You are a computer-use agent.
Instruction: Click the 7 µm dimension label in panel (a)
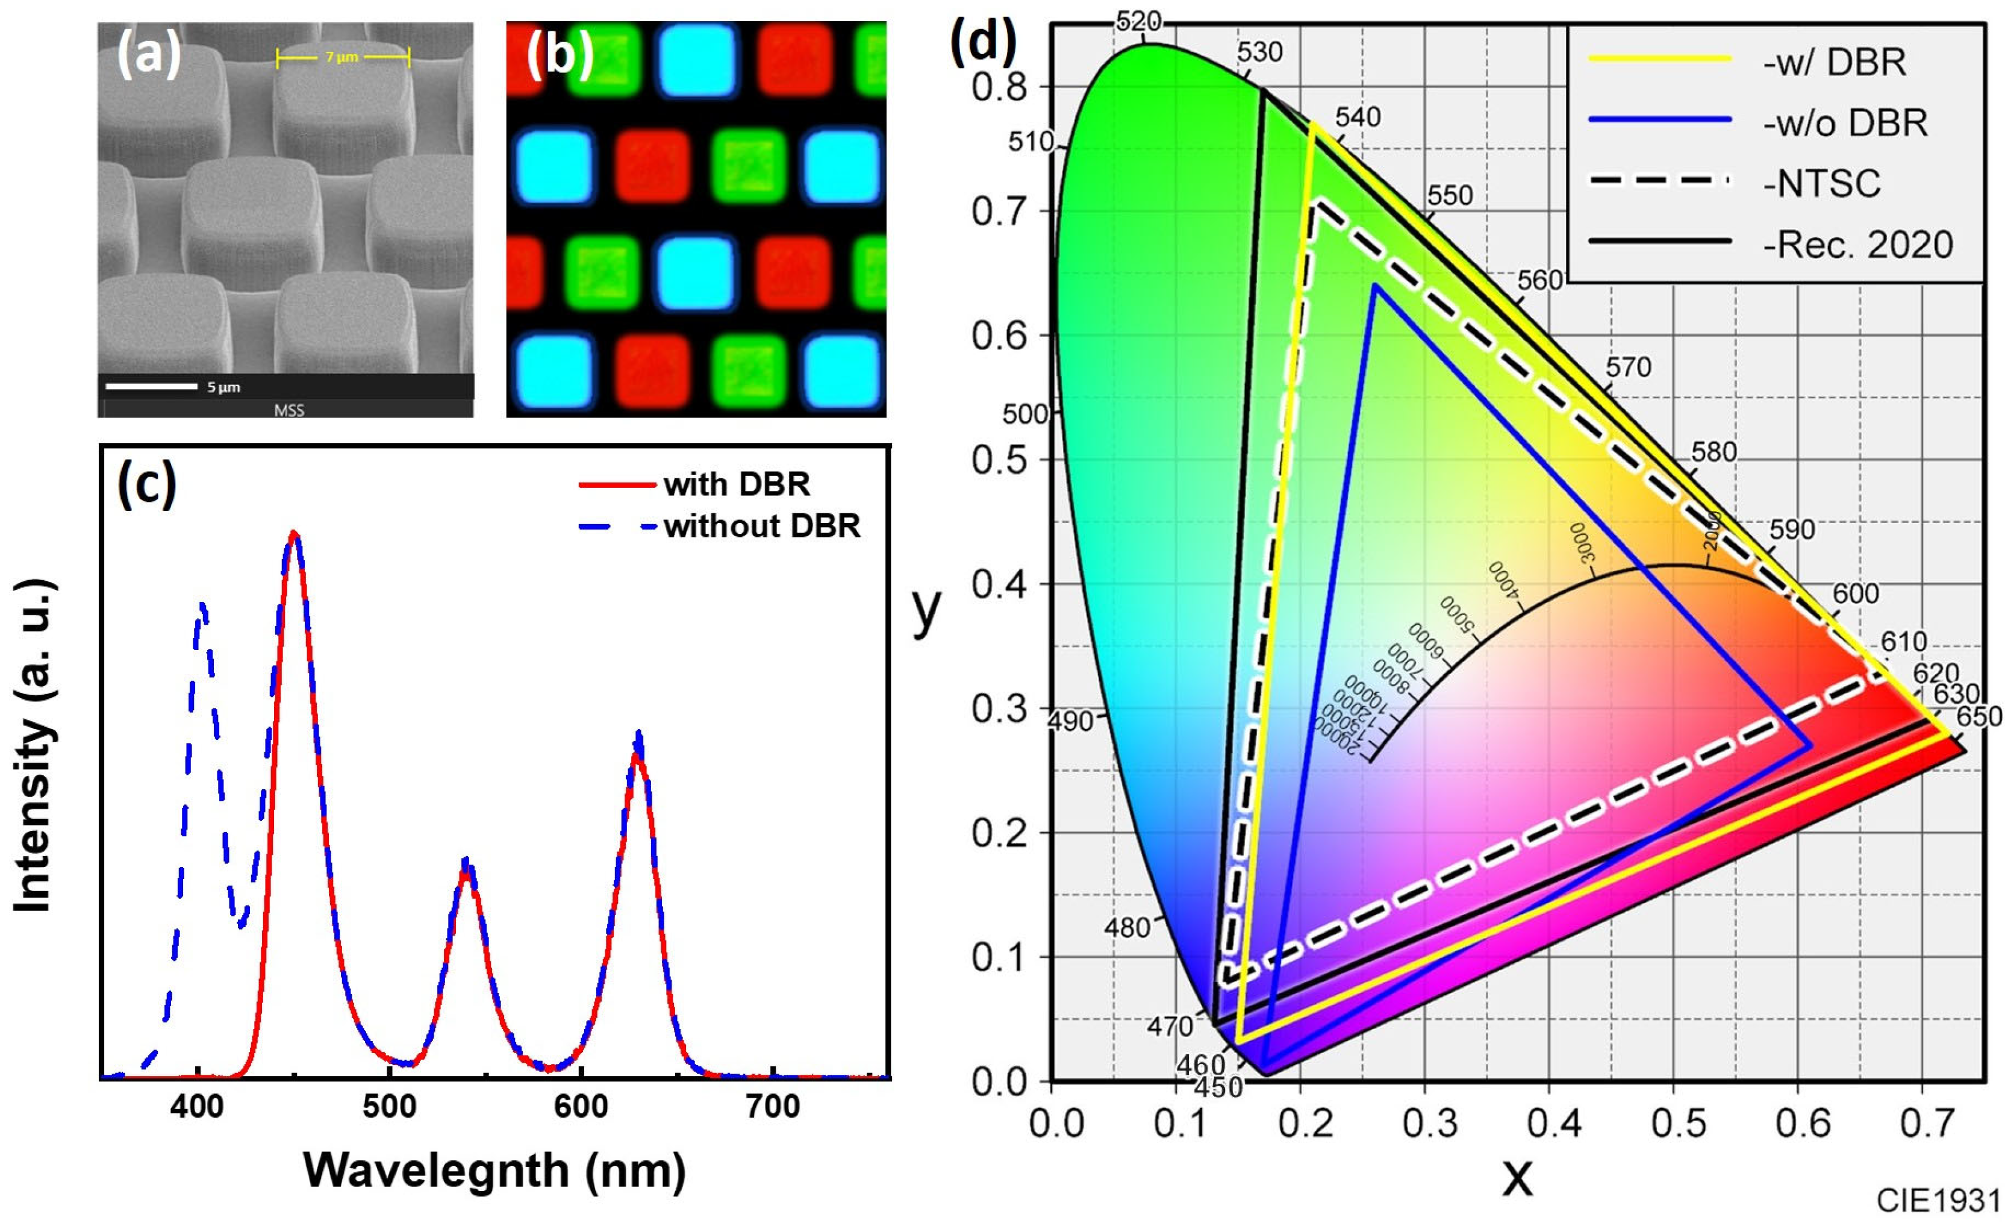tap(341, 57)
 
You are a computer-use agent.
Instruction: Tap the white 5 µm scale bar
tap(151, 387)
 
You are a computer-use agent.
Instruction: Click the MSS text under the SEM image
tap(289, 410)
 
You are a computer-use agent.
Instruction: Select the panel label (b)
tap(560, 55)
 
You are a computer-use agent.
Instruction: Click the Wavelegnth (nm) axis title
tap(494, 1170)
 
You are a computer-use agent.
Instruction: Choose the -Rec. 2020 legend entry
tap(1857, 244)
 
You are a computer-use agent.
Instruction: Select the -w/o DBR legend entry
tap(1845, 123)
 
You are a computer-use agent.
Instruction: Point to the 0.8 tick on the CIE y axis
tap(999, 87)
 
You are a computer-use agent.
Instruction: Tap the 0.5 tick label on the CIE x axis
tap(1678, 1124)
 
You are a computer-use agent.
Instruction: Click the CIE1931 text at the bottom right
tap(1938, 1200)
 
